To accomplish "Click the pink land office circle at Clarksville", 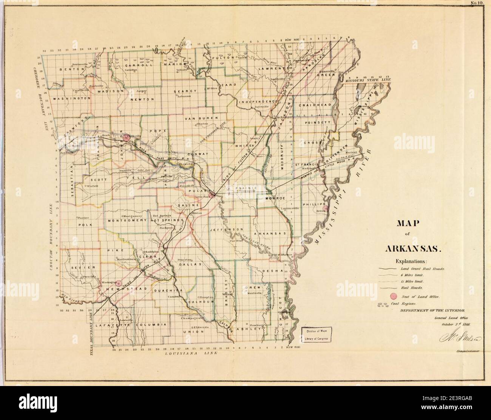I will point(126,138).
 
